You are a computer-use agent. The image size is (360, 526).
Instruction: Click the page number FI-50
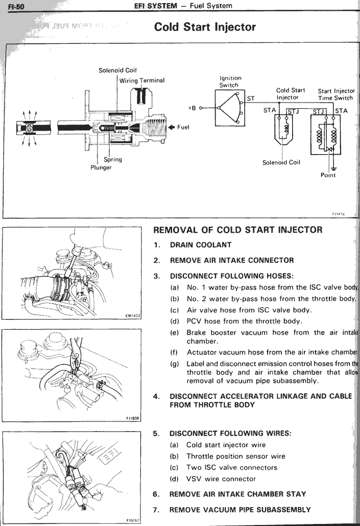[11, 6]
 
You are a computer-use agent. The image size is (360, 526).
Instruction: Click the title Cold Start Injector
[205, 27]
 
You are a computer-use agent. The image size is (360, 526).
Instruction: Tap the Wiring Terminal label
[142, 80]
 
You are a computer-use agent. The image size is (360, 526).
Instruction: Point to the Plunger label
[101, 168]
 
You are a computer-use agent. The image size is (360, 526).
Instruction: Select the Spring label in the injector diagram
[113, 159]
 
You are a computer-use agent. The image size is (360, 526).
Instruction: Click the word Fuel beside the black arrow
[183, 127]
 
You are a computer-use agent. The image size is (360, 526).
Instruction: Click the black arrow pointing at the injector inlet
[171, 127]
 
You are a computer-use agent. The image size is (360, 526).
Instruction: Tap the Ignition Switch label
[230, 82]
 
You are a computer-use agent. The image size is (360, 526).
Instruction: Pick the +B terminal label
[192, 108]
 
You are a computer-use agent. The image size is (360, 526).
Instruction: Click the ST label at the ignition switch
[251, 99]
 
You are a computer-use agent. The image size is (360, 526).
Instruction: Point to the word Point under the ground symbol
[328, 175]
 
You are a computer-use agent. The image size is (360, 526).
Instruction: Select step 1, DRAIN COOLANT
[200, 245]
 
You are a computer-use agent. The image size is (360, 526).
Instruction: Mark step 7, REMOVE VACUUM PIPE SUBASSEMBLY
[239, 510]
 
